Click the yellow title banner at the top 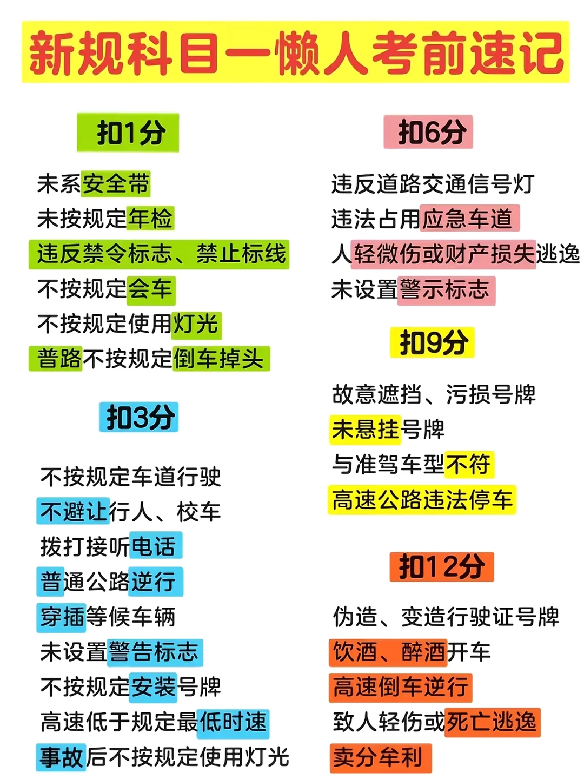(x=296, y=52)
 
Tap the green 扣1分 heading (x=128, y=133)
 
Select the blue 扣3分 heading (x=139, y=417)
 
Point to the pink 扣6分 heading (x=428, y=131)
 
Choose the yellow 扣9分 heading (x=432, y=342)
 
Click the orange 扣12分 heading (x=441, y=567)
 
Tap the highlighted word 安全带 (x=115, y=184)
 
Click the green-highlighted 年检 (x=150, y=219)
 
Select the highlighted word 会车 (x=151, y=288)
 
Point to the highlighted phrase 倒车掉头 (x=220, y=359)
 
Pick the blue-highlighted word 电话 (x=155, y=546)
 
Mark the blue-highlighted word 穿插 (x=62, y=617)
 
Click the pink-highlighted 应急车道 (x=468, y=219)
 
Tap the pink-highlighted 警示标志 (x=446, y=289)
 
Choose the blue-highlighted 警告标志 (x=155, y=652)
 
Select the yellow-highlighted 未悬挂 (x=365, y=430)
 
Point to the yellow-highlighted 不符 (x=469, y=464)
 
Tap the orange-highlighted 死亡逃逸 (x=492, y=722)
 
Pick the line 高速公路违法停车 (x=422, y=499)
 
